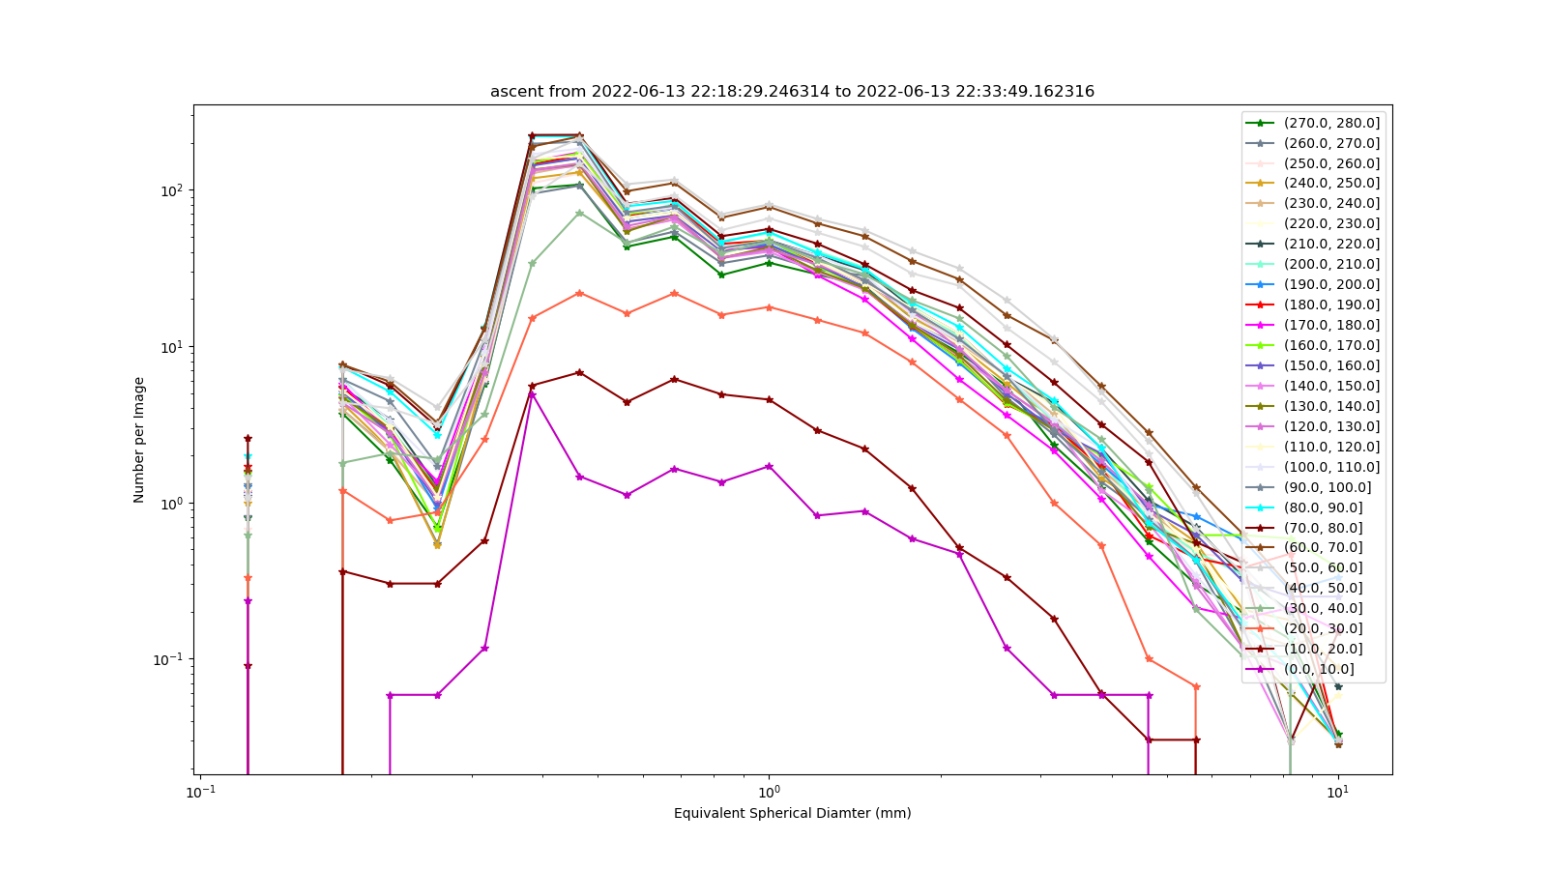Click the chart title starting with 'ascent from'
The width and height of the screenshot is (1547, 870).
point(792,91)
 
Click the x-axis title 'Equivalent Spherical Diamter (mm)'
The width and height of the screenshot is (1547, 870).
point(792,813)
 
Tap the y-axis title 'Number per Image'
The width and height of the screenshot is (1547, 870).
point(139,440)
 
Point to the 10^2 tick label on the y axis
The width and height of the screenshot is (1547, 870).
point(173,189)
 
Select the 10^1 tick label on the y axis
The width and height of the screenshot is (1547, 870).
point(173,346)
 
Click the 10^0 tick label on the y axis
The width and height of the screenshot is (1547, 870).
point(173,503)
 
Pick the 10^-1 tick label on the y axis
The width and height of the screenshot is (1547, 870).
point(170,659)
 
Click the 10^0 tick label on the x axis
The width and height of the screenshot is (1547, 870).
point(769,792)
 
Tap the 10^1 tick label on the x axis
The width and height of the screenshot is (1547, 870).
point(1338,792)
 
